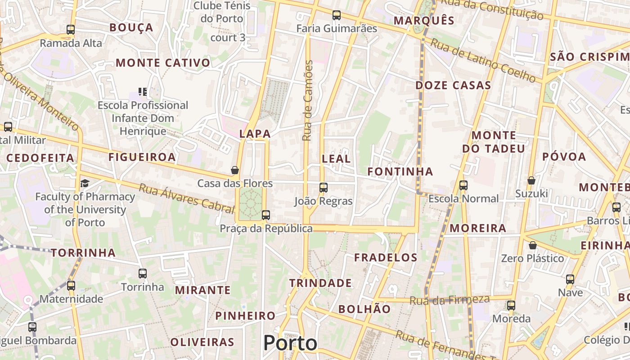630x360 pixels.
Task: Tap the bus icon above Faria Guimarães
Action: [337, 15]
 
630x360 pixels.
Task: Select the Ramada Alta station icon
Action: [71, 30]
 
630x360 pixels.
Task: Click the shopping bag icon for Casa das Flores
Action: [234, 170]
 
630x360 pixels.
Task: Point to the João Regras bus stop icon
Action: [324, 188]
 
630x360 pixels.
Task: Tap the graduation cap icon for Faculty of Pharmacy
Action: [85, 183]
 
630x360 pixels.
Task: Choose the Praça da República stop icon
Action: [266, 215]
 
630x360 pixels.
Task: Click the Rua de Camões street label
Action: [308, 101]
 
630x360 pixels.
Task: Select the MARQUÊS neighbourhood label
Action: [424, 21]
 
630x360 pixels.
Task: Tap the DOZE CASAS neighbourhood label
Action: [453, 85]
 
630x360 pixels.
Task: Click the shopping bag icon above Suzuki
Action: [531, 180]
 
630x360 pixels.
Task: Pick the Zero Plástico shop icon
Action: [533, 245]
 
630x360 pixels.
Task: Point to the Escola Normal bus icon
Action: [463, 185]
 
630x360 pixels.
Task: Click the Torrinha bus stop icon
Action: [143, 274]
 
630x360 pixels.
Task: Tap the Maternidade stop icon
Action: [71, 285]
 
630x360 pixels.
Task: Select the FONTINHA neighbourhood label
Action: [400, 171]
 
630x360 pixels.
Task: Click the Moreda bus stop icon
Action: [511, 306]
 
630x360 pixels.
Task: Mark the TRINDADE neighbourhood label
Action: [320, 283]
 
